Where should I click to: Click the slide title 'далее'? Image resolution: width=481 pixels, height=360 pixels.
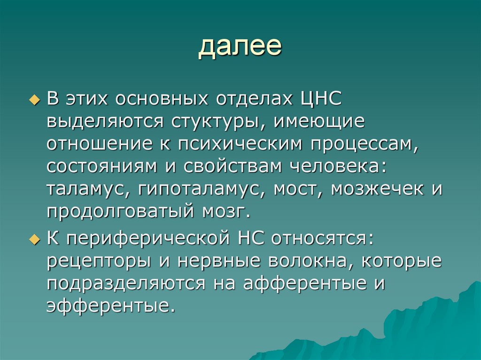point(240,47)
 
